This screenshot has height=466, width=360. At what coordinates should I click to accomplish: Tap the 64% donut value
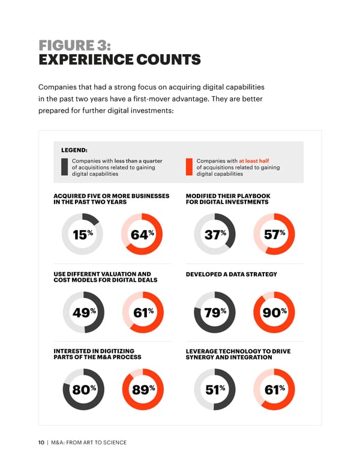142,234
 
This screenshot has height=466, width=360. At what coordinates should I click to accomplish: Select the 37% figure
215,234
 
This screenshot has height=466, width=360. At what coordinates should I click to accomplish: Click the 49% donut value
82,312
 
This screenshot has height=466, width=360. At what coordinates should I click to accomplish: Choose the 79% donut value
215,312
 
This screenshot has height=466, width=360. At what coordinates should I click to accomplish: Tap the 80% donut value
82,390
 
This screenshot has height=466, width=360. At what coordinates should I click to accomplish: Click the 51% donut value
215,390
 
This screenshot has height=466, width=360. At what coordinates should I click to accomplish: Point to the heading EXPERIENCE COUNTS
119,60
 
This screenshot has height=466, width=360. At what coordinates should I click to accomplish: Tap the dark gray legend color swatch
64,167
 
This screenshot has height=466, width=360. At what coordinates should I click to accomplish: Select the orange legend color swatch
189,167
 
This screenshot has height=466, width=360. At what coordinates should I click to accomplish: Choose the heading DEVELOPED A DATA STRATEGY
232,274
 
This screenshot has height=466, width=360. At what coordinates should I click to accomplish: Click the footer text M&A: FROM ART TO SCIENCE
89,443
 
